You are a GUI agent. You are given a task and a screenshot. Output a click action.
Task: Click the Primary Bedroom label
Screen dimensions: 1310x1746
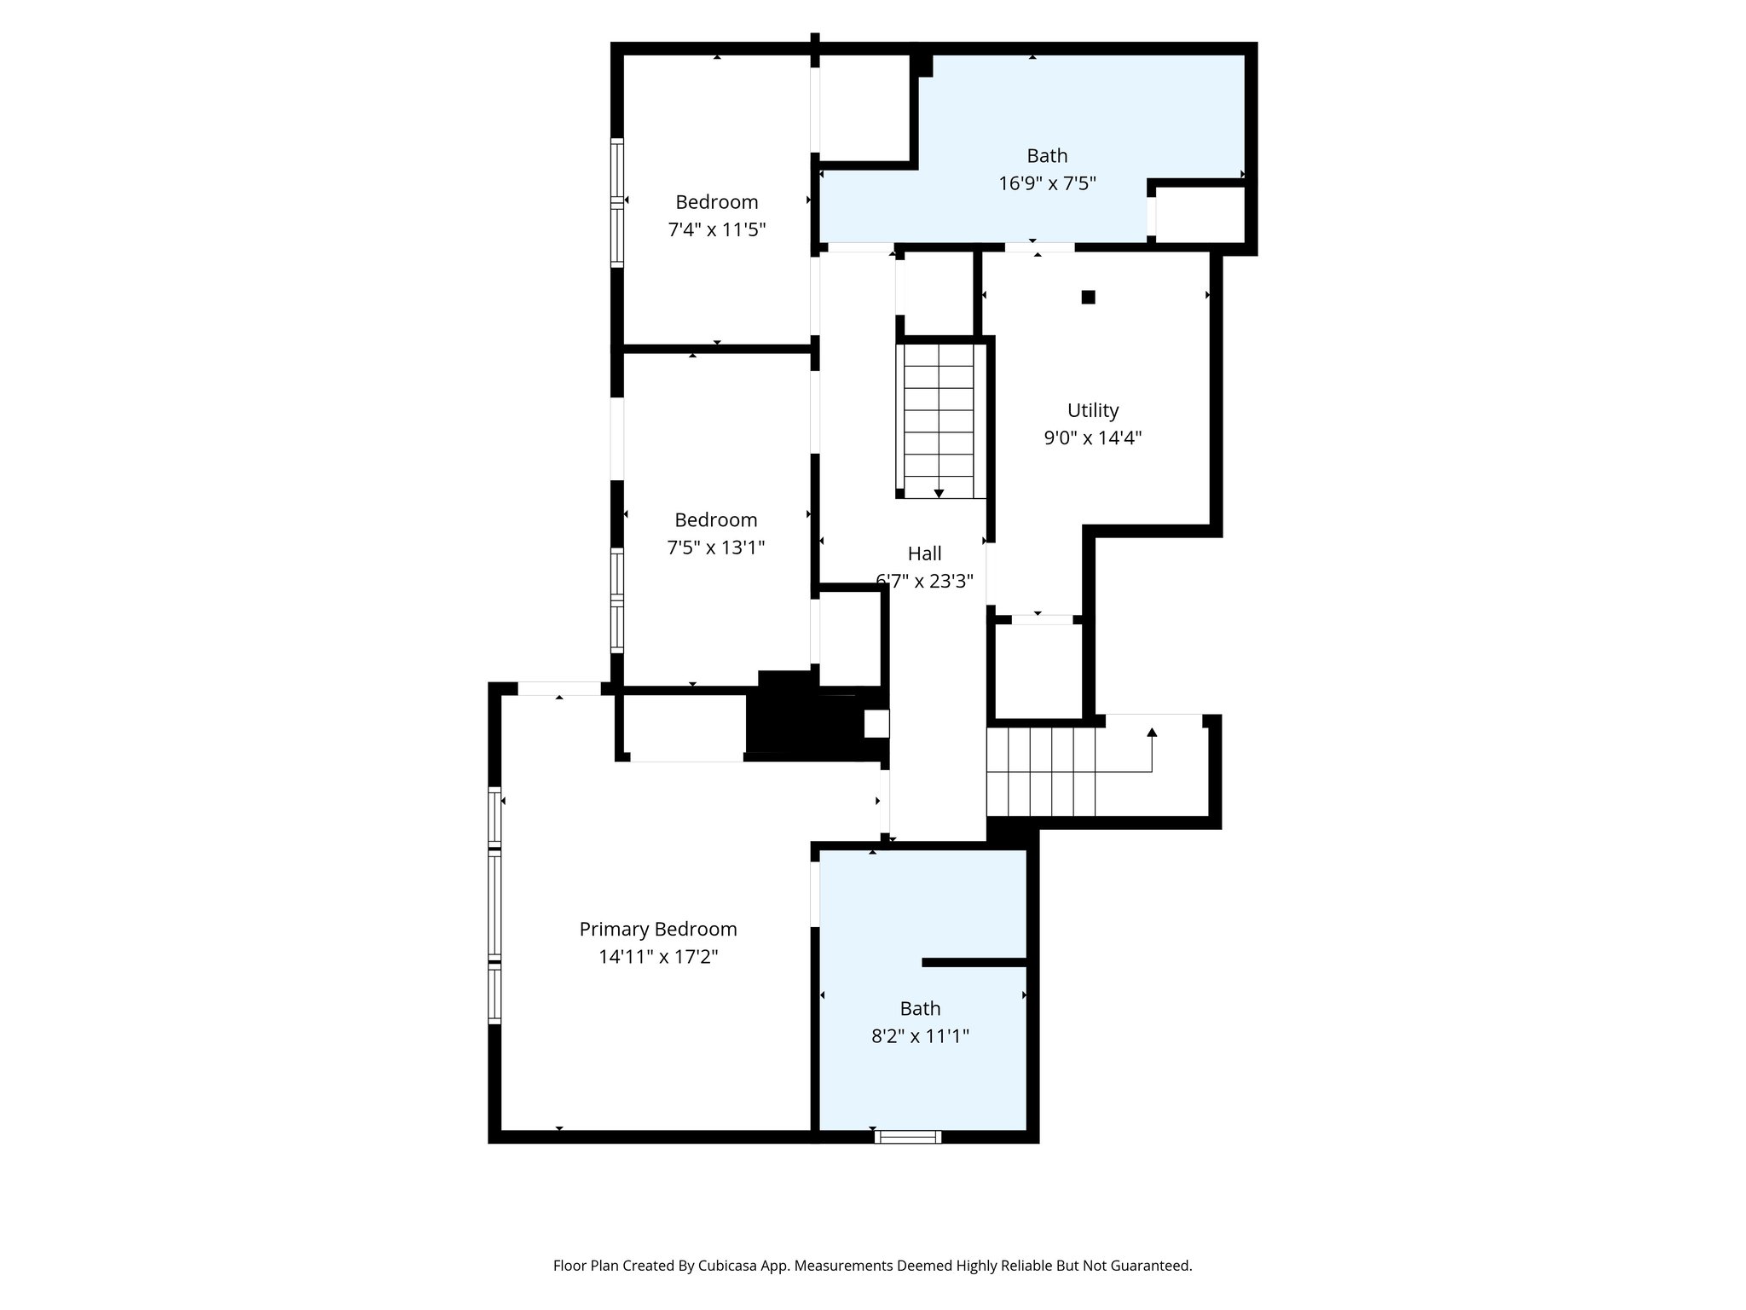click(x=657, y=929)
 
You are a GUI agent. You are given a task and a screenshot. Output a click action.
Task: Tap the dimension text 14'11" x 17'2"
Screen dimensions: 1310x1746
click(x=657, y=957)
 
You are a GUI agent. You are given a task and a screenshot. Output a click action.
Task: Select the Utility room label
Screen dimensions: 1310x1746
click(x=1092, y=410)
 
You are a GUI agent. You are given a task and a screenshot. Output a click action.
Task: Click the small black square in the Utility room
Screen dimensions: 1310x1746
click(x=1088, y=297)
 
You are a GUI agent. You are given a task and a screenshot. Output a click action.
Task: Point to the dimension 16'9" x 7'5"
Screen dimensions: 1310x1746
click(x=1047, y=183)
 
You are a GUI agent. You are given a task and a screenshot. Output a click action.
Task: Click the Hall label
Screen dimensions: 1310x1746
click(x=924, y=554)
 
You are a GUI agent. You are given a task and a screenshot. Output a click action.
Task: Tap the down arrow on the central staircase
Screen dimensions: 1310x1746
click(x=939, y=493)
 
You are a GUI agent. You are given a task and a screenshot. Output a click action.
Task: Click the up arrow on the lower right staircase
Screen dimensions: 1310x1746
click(x=1152, y=733)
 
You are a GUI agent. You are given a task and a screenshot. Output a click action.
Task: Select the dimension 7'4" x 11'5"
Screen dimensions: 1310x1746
click(x=716, y=229)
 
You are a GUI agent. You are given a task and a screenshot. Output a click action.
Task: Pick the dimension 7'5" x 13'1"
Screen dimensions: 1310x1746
click(x=715, y=548)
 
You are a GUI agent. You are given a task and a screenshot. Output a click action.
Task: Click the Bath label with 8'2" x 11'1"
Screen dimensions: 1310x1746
click(x=920, y=1009)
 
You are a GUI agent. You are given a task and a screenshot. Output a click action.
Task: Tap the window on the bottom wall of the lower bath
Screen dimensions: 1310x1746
click(x=907, y=1136)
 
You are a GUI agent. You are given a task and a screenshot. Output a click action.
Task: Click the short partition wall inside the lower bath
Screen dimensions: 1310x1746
click(x=974, y=962)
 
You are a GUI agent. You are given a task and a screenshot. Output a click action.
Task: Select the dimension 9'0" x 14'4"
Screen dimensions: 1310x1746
click(x=1092, y=438)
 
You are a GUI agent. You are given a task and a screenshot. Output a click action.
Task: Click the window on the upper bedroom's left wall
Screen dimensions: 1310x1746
click(x=617, y=203)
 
